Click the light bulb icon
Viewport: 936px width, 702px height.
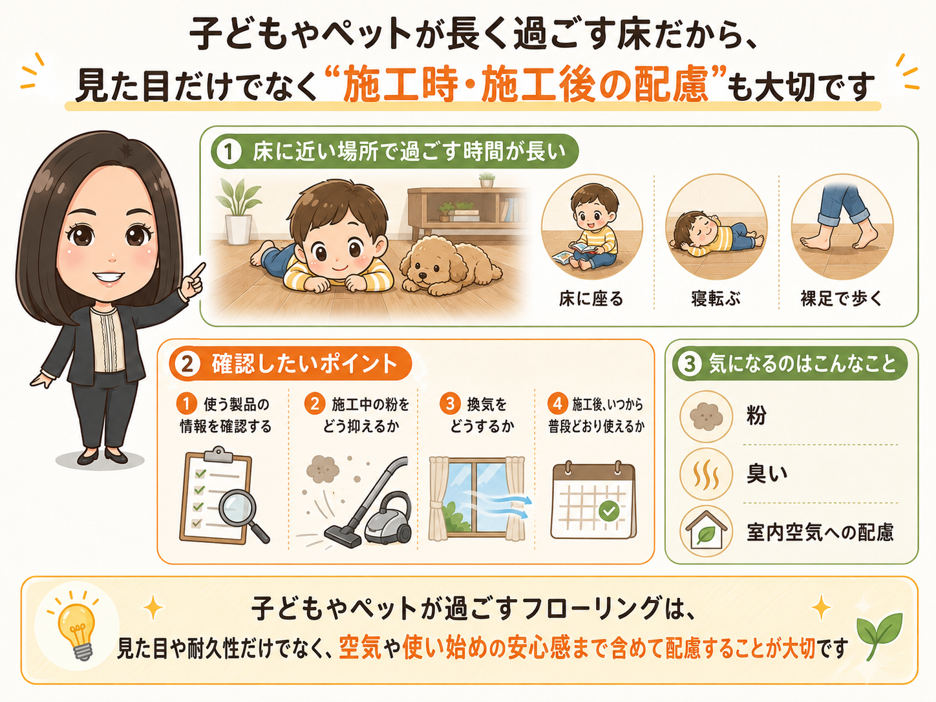coord(77,630)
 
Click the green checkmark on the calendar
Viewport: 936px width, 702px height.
coord(609,511)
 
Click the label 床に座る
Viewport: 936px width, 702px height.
coord(591,299)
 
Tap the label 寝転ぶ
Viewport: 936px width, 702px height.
coord(716,299)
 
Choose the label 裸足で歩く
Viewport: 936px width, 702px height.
coord(842,299)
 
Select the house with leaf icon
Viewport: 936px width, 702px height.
coord(706,530)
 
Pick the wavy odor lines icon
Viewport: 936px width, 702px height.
coord(706,474)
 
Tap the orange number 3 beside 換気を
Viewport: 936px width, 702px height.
coord(451,403)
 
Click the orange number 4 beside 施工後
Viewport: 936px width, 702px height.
coord(558,403)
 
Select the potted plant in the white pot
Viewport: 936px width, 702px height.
coord(239,211)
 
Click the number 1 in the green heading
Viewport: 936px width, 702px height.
coord(229,152)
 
